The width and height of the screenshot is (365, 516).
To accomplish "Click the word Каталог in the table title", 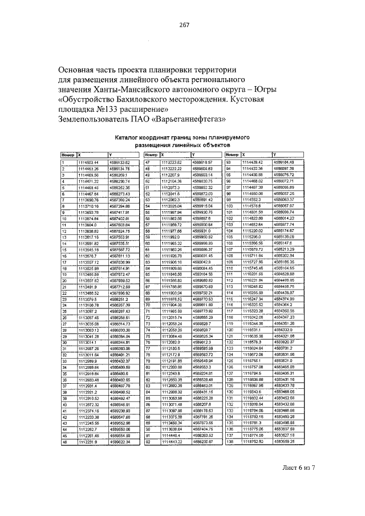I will [128, 137].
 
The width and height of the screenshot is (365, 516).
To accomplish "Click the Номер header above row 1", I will [68, 155].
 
